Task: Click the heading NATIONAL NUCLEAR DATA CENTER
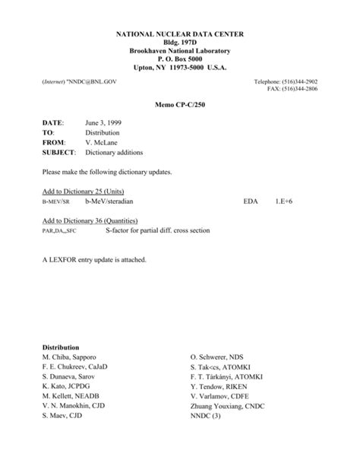click(180, 36)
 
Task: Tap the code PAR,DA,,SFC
click(62, 230)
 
